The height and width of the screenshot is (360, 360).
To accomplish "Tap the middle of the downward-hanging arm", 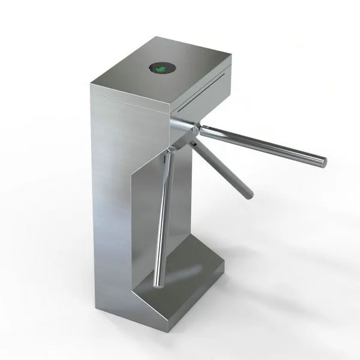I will pyautogui.click(x=164, y=216).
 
